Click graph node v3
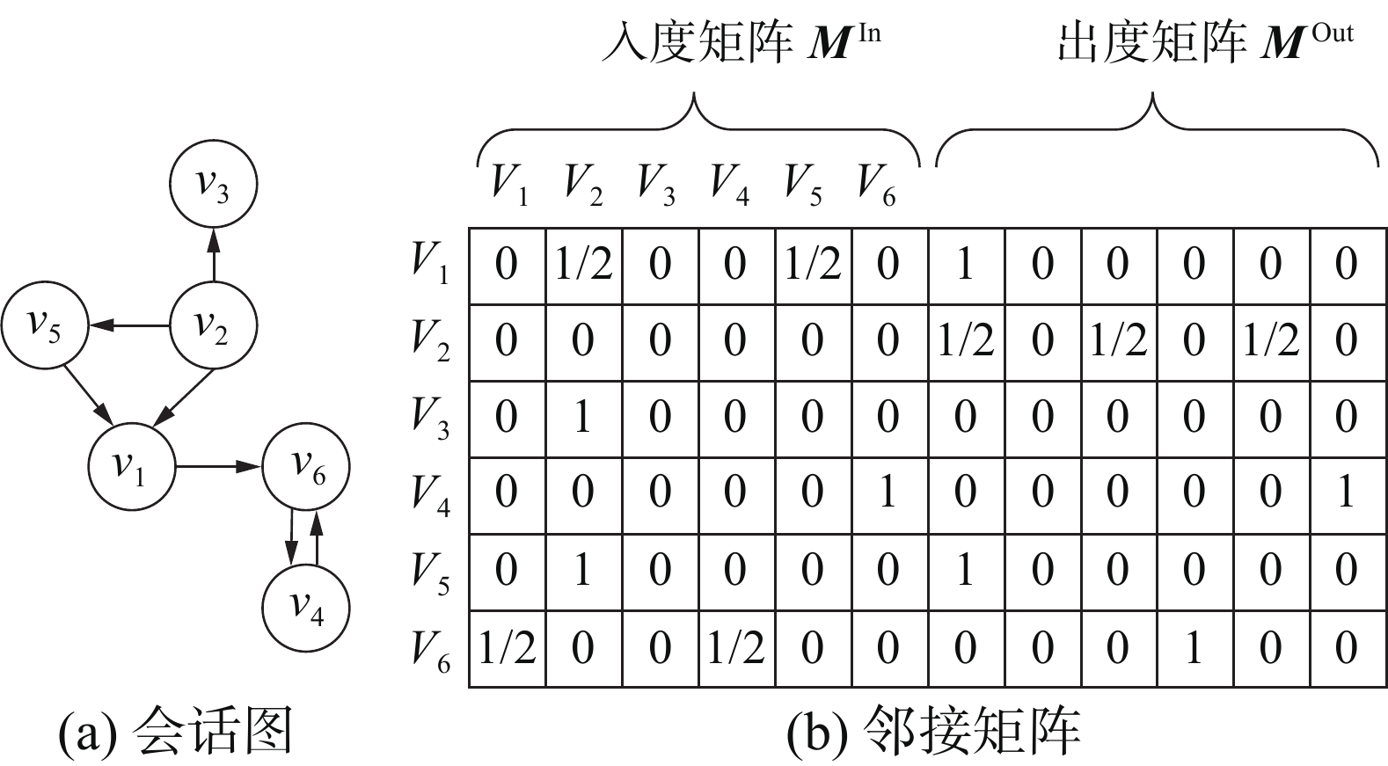[x=213, y=185]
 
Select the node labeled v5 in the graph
[x=45, y=326]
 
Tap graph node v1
[x=132, y=467]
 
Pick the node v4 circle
[x=306, y=608]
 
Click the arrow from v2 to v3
[x=213, y=255]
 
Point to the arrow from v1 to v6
[x=219, y=467]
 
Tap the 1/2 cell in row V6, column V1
[x=507, y=649]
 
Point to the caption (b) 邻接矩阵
[x=932, y=732]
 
